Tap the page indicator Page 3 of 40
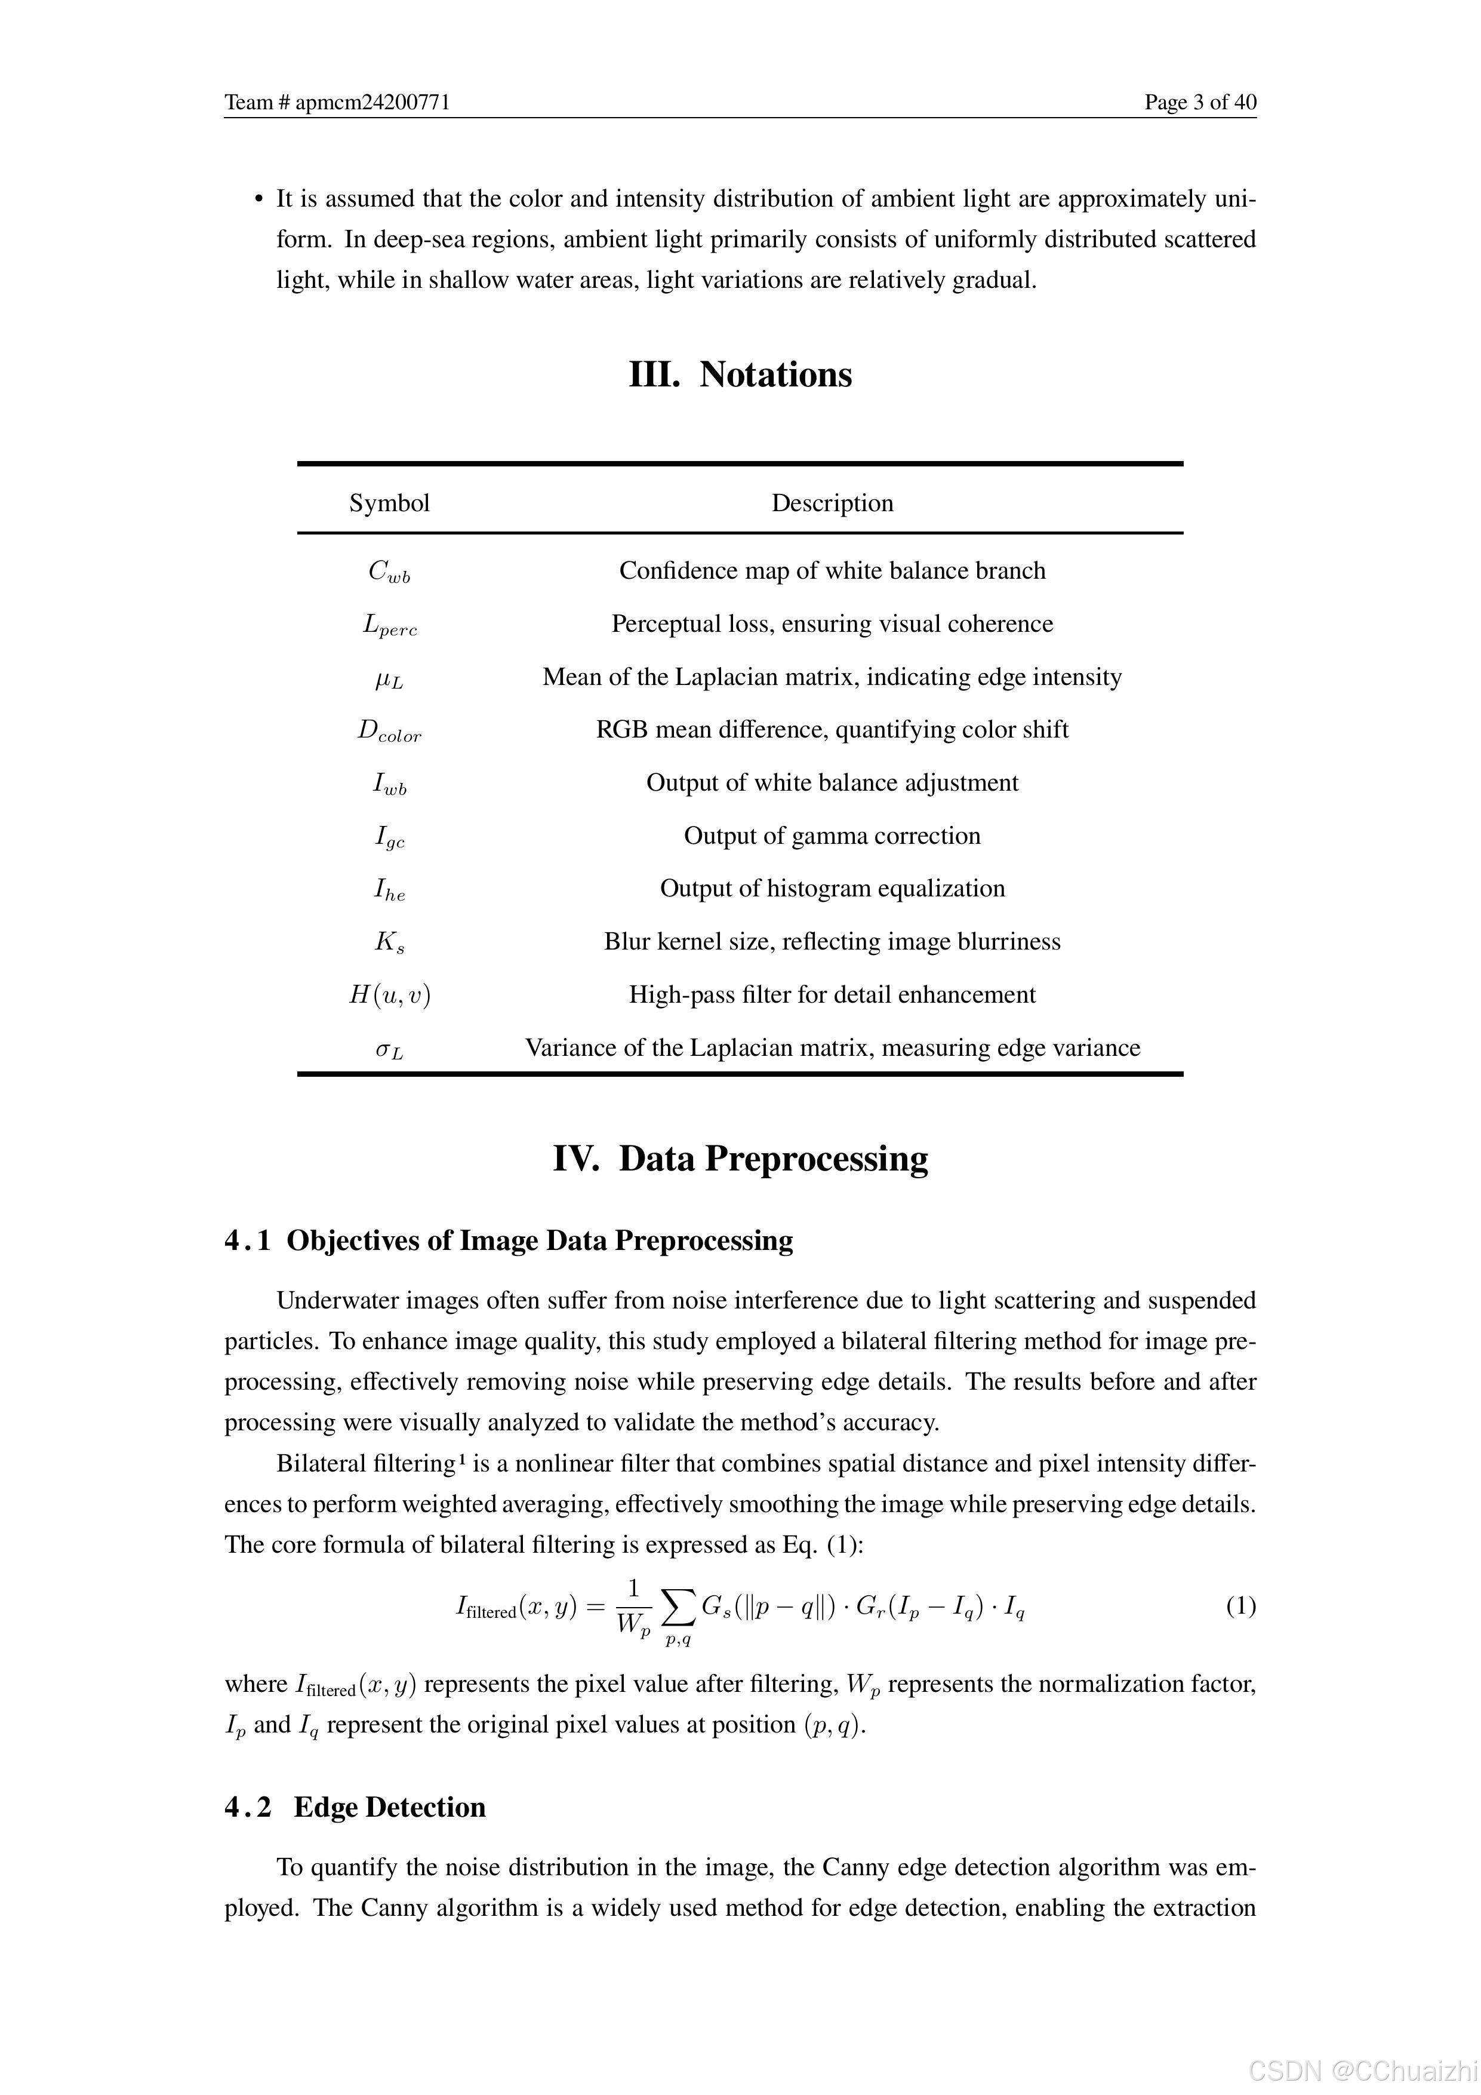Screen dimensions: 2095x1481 (x=1200, y=102)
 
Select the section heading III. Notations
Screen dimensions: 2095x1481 (x=740, y=375)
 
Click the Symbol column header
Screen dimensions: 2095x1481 (x=389, y=503)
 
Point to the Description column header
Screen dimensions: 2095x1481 (x=832, y=503)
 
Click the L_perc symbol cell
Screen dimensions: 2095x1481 (x=389, y=626)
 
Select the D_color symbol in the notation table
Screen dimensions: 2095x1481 (x=389, y=732)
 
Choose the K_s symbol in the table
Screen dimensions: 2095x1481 (x=389, y=942)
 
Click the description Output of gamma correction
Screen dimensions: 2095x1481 (x=832, y=836)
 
